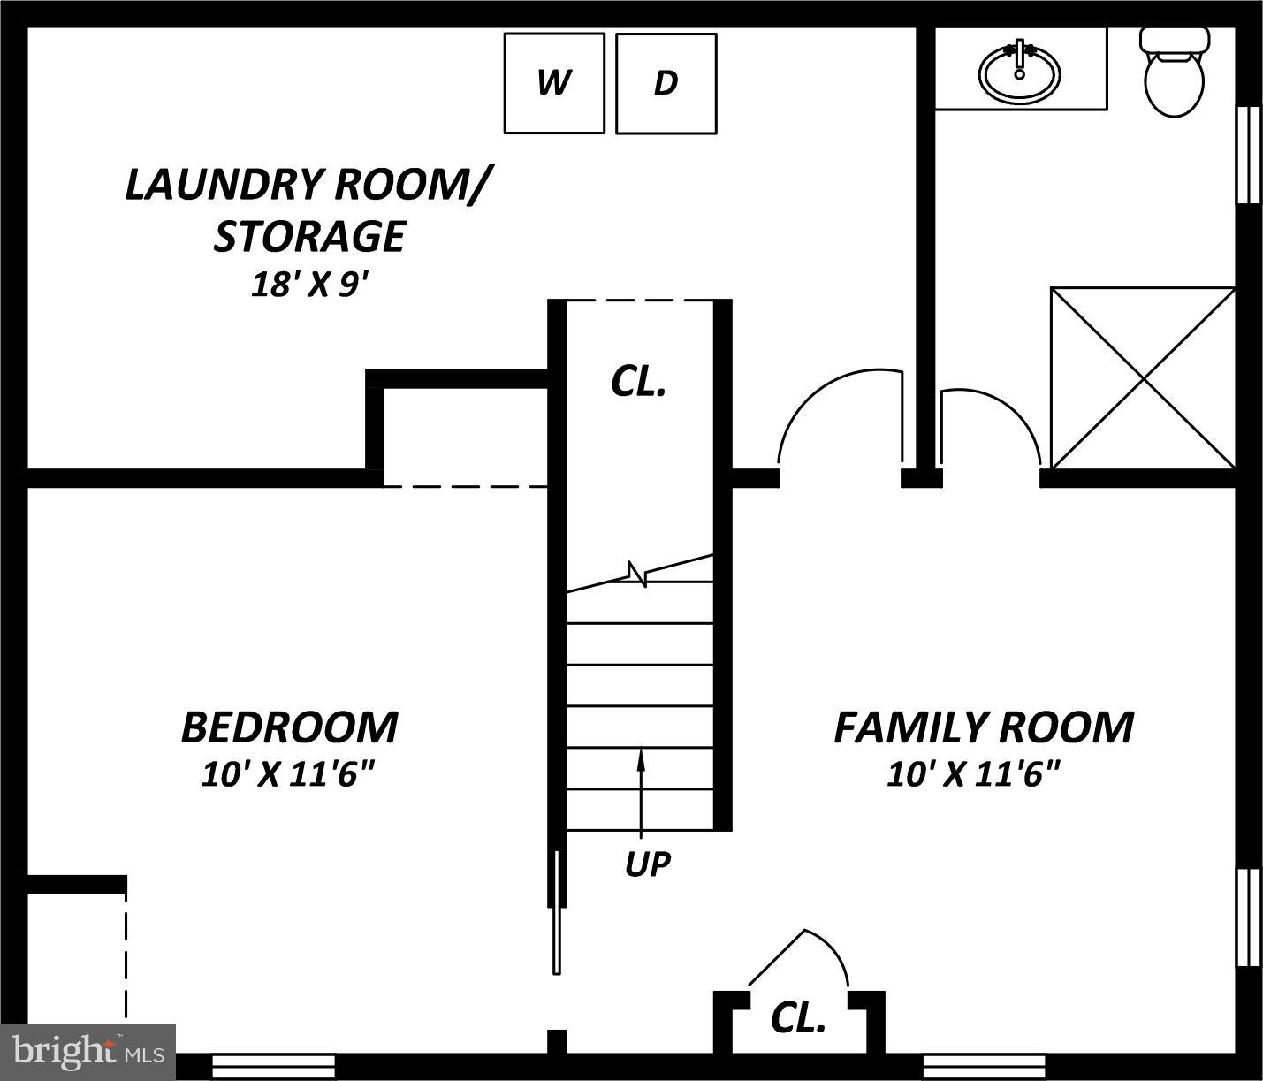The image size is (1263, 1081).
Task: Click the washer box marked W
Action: pos(554,83)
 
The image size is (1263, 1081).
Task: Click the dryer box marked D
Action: pos(666,83)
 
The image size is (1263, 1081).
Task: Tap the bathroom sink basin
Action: pos(1019,74)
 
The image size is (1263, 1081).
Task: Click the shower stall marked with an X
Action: pos(1143,378)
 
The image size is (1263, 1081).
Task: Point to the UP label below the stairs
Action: pos(647,864)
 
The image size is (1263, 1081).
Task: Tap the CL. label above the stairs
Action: pos(638,381)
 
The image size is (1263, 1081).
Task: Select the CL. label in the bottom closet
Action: pos(798,1018)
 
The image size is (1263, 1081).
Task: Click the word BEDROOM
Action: pos(289,727)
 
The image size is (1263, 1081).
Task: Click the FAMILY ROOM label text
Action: pos(983,727)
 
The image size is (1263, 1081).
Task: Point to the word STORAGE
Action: pos(309,236)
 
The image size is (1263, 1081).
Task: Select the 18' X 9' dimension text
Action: pos(309,285)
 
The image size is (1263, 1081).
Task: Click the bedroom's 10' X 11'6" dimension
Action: pos(289,775)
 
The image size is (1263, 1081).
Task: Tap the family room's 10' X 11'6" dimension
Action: pos(973,775)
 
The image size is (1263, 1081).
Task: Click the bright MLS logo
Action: pos(88,1052)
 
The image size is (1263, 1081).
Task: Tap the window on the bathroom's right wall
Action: pos(1248,156)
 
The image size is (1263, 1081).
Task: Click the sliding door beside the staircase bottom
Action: pos(557,910)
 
